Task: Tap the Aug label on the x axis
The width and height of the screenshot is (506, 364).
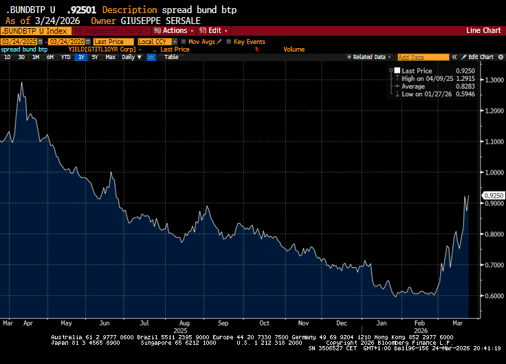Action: [x=184, y=322]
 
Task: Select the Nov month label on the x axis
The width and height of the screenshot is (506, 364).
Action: [x=302, y=322]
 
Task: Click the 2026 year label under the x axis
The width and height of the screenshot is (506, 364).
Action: [x=421, y=329]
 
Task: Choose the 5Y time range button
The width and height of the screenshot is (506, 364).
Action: [x=94, y=57]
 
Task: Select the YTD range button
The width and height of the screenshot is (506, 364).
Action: [x=65, y=57]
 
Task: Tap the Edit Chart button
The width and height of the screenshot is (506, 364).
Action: [x=481, y=57]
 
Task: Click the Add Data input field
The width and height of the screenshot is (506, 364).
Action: [x=423, y=57]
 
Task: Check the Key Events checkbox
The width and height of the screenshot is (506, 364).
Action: [x=230, y=42]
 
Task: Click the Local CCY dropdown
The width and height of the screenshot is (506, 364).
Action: [x=155, y=42]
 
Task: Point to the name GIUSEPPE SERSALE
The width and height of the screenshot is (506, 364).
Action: [x=160, y=21]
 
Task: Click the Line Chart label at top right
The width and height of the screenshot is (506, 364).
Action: [x=483, y=31]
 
